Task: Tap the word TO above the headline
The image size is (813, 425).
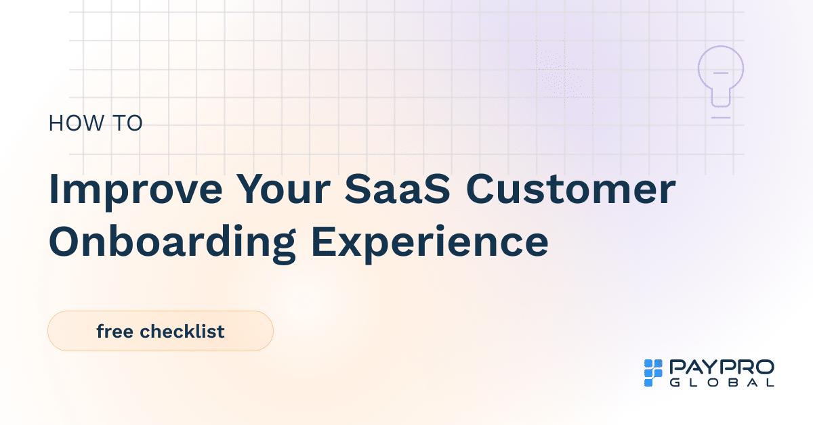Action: click(x=126, y=124)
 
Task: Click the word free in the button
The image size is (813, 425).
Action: click(x=114, y=332)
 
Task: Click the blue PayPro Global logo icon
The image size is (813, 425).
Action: click(x=652, y=373)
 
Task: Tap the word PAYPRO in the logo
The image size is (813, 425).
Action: click(x=722, y=367)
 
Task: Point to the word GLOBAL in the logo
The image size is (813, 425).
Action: click(x=722, y=382)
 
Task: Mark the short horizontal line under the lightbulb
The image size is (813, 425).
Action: click(x=721, y=118)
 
